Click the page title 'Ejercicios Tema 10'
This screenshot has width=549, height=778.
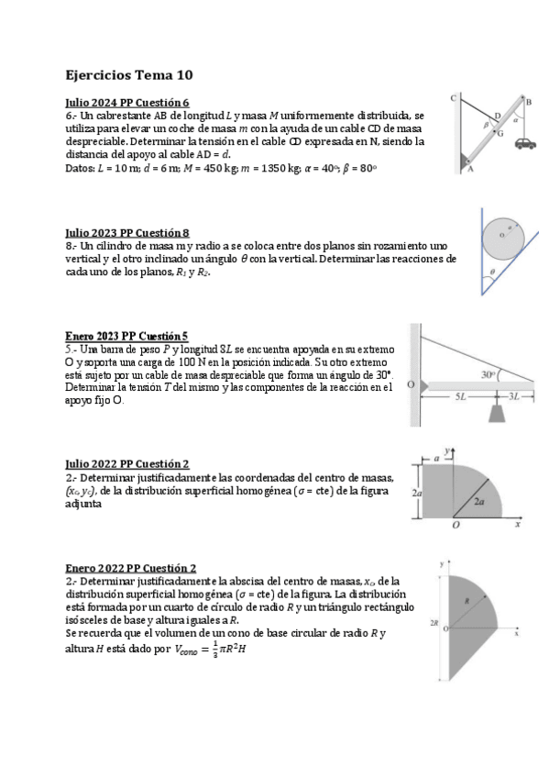129,74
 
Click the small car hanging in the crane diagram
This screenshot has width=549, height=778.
524,142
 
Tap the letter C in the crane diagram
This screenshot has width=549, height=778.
453,98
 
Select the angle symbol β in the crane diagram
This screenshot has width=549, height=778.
486,123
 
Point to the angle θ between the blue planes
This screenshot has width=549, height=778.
493,272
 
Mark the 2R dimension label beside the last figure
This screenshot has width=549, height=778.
434,622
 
